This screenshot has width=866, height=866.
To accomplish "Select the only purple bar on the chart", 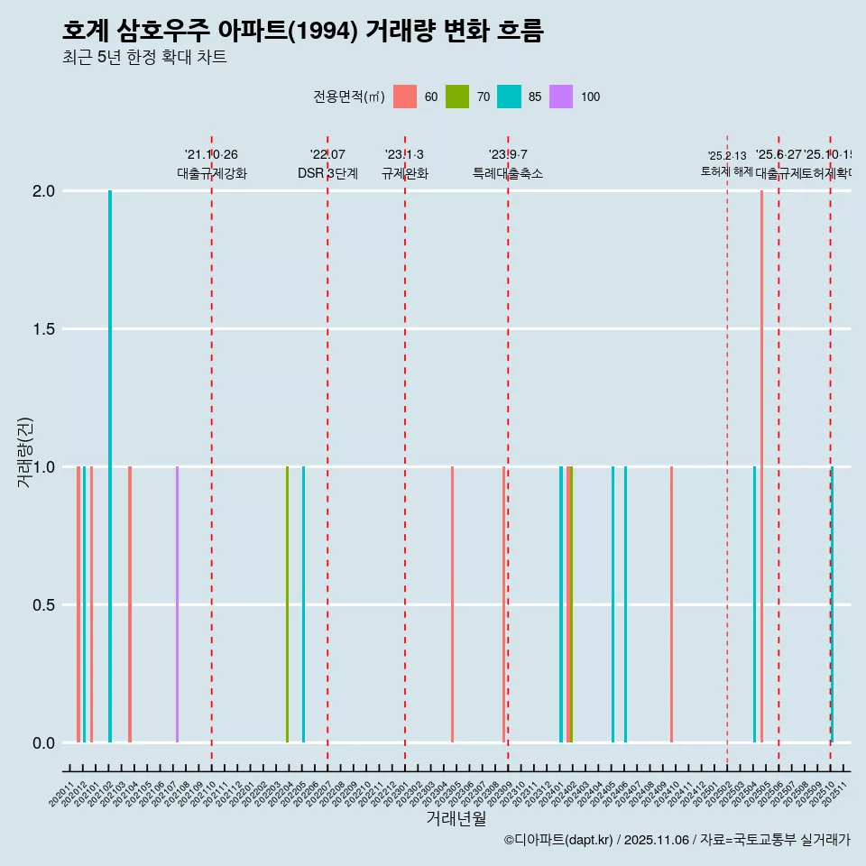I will [x=177, y=604].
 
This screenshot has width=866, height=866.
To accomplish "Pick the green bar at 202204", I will [x=287, y=604].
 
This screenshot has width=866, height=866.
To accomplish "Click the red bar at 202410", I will [x=671, y=604].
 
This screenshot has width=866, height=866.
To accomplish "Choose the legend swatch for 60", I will [x=405, y=97].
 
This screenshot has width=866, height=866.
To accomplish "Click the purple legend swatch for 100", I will [x=561, y=97].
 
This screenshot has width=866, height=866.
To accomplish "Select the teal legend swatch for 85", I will [x=509, y=97].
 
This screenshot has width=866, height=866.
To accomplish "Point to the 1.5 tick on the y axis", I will [x=42, y=329].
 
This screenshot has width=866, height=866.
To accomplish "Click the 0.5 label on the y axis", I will [x=42, y=605].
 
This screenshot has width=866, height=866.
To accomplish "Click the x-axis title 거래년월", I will [x=456, y=819].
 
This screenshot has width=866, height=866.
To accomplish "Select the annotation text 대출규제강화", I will [x=212, y=174].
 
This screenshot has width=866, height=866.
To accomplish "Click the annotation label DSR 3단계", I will [x=327, y=174].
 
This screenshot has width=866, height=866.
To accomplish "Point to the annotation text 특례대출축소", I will [x=508, y=174].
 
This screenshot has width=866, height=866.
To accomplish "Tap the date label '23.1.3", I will [x=404, y=155].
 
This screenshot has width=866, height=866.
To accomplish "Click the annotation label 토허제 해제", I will [x=727, y=170].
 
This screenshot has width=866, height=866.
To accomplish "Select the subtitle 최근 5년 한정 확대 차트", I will [x=144, y=58].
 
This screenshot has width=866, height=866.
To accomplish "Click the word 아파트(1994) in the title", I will [x=289, y=31].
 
